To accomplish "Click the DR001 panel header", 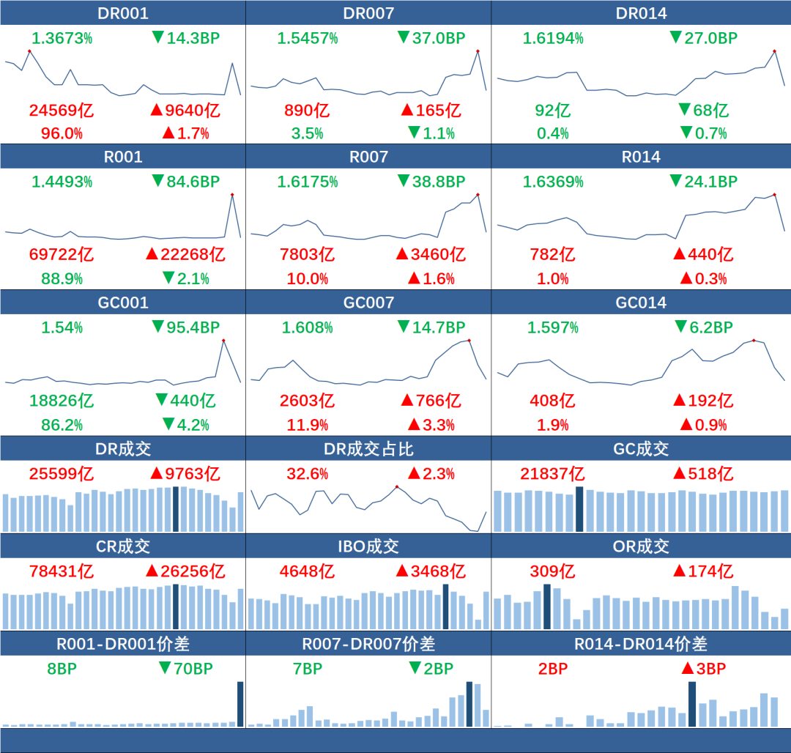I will tap(123, 13).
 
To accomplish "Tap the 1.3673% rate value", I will tap(62, 38).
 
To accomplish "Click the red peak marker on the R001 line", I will tap(232, 194).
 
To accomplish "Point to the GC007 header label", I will tap(368, 303).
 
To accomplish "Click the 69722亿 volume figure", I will tap(62, 255).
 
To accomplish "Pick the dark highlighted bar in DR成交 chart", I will tap(176, 509).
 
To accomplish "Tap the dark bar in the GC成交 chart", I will tap(580, 509).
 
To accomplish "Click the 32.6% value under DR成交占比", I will tap(308, 474).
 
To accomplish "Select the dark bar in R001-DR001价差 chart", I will tap(240, 704).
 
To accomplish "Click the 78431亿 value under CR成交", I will tap(62, 571).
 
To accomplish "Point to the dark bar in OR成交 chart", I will tap(547, 607).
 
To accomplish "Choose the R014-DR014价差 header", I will tap(641, 644).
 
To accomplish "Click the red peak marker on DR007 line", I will tap(478, 51).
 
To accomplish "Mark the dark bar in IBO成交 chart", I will tap(446, 607).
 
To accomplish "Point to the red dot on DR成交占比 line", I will tap(397, 486).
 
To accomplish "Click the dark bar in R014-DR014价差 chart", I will tap(692, 704).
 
